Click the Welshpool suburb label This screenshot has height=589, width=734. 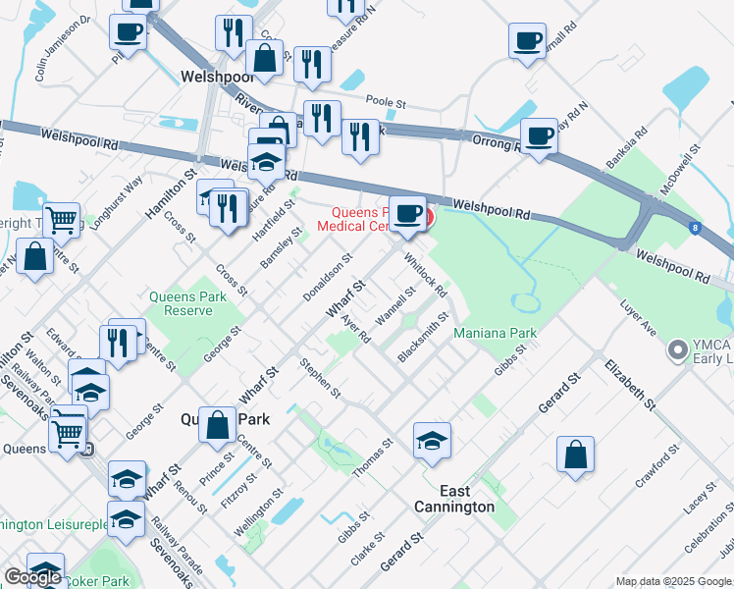click(217, 76)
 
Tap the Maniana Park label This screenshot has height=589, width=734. click(495, 333)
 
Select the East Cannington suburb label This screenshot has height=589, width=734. click(453, 499)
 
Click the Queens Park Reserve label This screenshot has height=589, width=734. click(181, 303)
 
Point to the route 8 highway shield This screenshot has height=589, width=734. click(696, 229)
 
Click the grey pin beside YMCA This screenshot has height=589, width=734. click(676, 349)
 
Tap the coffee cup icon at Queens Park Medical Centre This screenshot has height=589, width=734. click(408, 213)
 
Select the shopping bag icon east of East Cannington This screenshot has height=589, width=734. click(575, 455)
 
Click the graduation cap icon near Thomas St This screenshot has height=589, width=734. click(432, 441)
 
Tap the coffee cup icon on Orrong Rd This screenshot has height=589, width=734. click(538, 136)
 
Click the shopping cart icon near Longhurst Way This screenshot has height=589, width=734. click(61, 220)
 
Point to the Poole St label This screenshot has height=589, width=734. click(385, 100)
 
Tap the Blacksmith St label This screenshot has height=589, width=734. click(423, 337)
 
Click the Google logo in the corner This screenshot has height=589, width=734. click(32, 577)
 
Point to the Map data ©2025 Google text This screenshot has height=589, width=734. click(673, 581)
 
